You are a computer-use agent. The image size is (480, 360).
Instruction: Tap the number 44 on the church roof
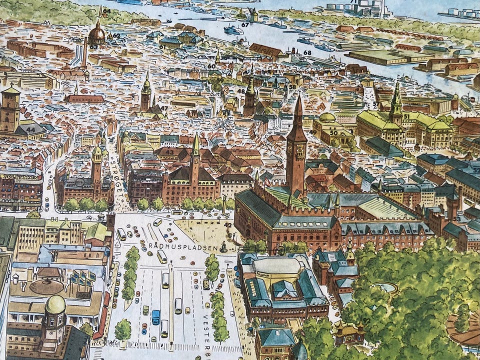click(x=30, y=129)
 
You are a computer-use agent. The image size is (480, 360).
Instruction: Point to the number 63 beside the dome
click(x=93, y=46)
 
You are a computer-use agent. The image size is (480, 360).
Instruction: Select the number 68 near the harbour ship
click(x=307, y=52)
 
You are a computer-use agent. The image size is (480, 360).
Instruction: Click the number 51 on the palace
click(x=406, y=116)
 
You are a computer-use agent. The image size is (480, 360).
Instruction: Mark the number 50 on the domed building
click(x=333, y=132)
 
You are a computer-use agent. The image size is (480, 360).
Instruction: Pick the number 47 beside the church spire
click(x=164, y=108)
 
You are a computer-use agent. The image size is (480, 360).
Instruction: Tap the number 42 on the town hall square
click(x=228, y=224)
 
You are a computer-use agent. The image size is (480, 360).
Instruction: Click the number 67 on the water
click(x=245, y=24)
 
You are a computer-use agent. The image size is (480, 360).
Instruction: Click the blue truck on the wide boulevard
click(x=155, y=316)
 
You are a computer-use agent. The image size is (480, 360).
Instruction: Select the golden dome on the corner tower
click(x=55, y=304)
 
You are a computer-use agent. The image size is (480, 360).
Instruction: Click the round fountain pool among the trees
click(x=385, y=288)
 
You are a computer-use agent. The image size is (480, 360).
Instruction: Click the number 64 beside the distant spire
click(x=106, y=10)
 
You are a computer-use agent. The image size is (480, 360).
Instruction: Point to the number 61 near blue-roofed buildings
click(x=162, y=46)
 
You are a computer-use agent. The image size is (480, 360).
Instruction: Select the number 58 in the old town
click(x=292, y=86)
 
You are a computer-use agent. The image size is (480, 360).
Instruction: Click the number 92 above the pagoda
click(x=366, y=320)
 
